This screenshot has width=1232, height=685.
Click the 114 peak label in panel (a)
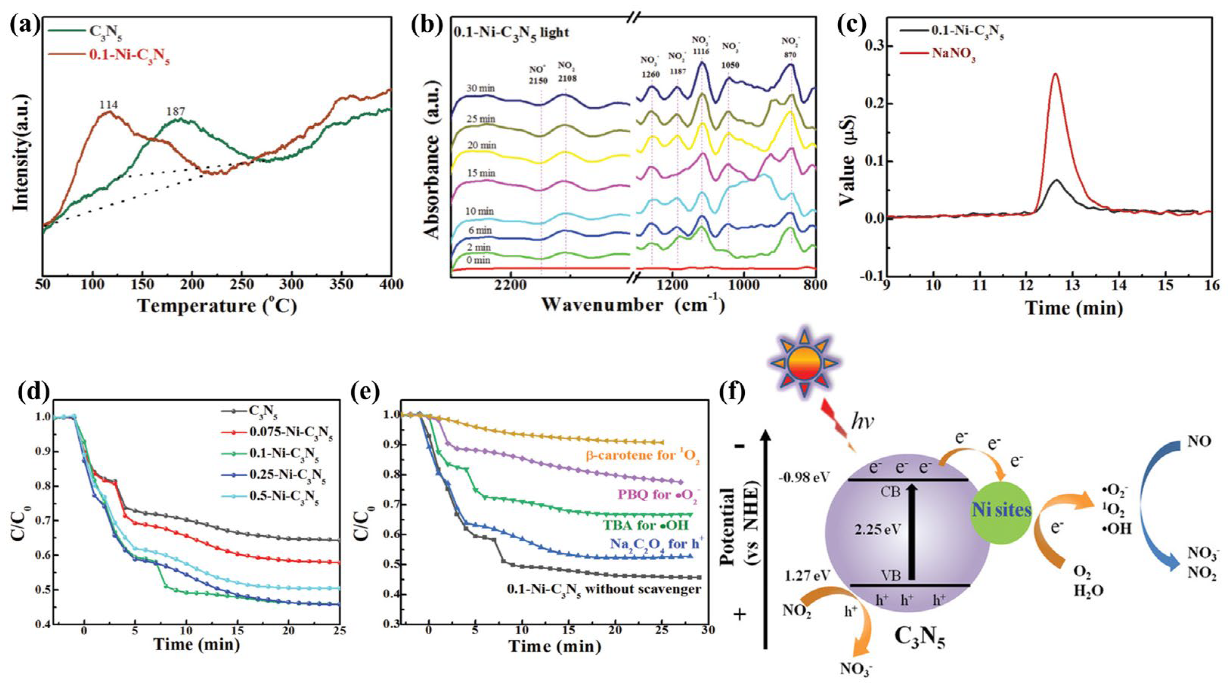[108, 105]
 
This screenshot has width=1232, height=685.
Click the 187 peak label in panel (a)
[175, 112]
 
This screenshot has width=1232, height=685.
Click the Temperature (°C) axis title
[218, 306]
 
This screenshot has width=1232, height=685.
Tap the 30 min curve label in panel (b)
[481, 88]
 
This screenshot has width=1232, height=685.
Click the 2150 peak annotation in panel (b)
[538, 82]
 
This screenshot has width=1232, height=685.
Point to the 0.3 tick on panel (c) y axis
[873, 46]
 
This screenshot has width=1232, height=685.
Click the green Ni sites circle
[1001, 511]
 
